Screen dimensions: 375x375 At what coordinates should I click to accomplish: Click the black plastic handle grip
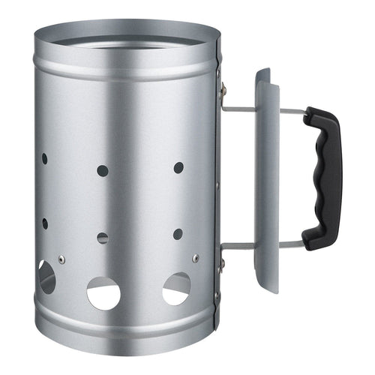click(323, 177)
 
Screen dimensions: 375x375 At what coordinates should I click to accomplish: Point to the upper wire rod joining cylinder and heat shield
click(238, 108)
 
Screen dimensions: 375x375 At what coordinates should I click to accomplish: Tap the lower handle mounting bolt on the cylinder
click(221, 262)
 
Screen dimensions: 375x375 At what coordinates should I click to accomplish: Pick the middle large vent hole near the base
click(103, 292)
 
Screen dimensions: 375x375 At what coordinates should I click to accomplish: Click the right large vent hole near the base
click(176, 288)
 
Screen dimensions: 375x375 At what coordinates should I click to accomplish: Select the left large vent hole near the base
click(46, 277)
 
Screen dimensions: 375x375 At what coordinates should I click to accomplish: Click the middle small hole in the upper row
click(103, 170)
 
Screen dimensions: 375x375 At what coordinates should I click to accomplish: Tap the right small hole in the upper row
click(178, 167)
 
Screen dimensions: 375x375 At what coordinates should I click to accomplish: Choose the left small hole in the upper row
click(44, 159)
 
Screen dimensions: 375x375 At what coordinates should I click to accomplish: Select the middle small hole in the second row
click(103, 238)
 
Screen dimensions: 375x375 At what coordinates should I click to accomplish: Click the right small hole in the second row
click(178, 234)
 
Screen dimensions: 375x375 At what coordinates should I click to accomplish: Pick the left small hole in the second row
click(44, 223)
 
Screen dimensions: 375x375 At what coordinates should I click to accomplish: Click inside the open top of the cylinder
click(127, 39)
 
